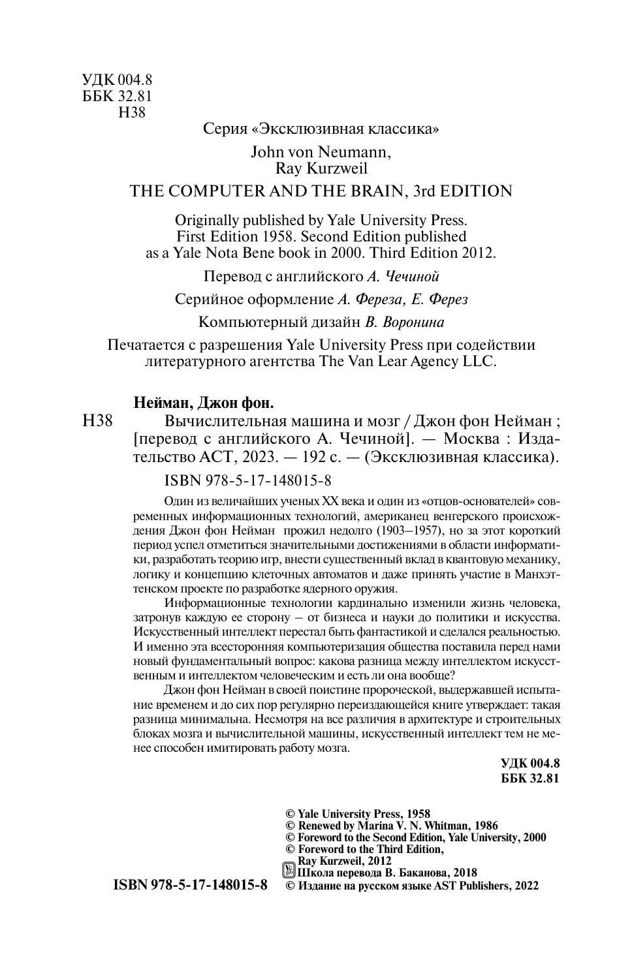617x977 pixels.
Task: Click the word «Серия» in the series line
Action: [x=224, y=129]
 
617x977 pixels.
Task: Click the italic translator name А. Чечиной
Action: [x=399, y=276]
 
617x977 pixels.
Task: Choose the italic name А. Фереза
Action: [x=367, y=299]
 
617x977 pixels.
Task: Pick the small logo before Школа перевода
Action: [x=288, y=871]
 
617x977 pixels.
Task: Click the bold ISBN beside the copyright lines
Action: [x=191, y=886]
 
